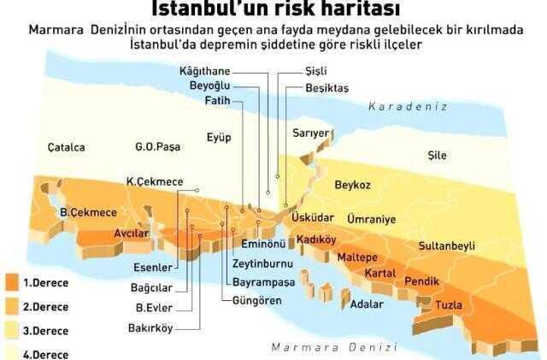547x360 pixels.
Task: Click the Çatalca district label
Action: (x=66, y=147)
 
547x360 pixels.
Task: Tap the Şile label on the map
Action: (x=436, y=155)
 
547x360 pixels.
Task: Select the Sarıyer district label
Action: (x=310, y=133)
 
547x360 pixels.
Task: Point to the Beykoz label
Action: (x=352, y=185)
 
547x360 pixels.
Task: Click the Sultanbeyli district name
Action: (x=446, y=245)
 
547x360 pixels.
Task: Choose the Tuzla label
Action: (x=449, y=305)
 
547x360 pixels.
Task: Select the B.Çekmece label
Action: (x=76, y=212)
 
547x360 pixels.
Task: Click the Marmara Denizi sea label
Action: (x=333, y=346)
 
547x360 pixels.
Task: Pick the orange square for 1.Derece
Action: (x=11, y=282)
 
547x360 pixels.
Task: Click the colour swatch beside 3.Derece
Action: (x=11, y=330)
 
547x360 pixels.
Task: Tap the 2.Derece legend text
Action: (x=45, y=306)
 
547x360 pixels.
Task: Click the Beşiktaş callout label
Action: (x=327, y=87)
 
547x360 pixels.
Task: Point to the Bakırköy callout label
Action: (x=150, y=327)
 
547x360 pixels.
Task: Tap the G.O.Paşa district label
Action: (x=157, y=147)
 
